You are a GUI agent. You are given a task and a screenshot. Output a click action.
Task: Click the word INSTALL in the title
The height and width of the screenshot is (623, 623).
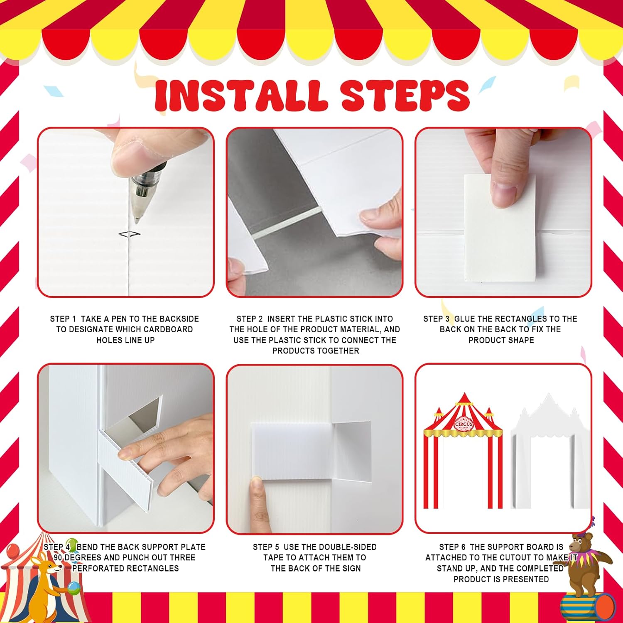point(240,95)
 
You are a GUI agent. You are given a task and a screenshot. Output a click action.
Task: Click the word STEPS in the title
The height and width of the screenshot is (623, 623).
point(405,95)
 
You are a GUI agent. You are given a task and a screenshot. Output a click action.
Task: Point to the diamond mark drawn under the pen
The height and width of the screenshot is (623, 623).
point(129,234)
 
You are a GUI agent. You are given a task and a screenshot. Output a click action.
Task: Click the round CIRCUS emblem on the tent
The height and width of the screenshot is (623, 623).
point(463,424)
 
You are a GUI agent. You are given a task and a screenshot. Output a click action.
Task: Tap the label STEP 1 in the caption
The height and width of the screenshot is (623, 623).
point(63,319)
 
